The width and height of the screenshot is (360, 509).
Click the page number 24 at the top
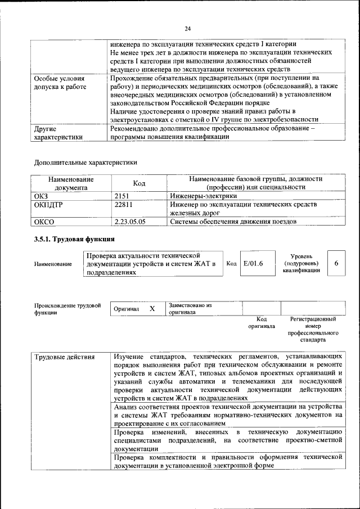188,29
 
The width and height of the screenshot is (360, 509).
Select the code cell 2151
123,195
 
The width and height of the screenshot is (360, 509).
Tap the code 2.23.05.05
129,222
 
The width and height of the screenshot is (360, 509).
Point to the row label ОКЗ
42,195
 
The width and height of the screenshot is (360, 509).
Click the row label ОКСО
44,222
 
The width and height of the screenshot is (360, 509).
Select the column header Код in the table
139,183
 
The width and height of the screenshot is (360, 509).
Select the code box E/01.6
253,263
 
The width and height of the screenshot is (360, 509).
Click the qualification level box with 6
336,263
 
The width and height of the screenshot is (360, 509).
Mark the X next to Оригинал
152,309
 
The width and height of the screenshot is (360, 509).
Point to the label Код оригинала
261,322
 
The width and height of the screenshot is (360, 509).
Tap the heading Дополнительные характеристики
85,163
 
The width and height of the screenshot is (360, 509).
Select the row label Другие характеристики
58,132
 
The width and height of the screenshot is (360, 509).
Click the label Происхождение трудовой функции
67,309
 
